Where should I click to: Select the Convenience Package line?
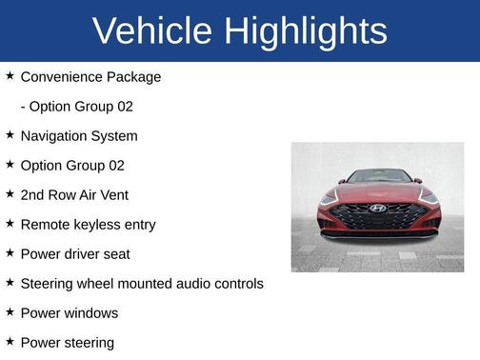pos(90,76)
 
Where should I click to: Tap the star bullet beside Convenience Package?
pos(10,75)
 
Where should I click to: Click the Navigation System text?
pos(79,135)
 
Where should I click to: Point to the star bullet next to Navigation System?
pos(10,134)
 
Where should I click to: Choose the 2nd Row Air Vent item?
pos(74,194)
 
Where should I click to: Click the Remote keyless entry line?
pos(88,225)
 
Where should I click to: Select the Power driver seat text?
pos(75,254)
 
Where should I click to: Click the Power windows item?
pos(70,312)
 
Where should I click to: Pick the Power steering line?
pos(67,342)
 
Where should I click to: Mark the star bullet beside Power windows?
pos(10,311)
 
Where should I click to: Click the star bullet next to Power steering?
pos(10,341)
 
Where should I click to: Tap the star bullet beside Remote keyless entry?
pos(10,223)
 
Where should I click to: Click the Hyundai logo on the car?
pos(378,208)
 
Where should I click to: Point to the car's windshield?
pos(378,177)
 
